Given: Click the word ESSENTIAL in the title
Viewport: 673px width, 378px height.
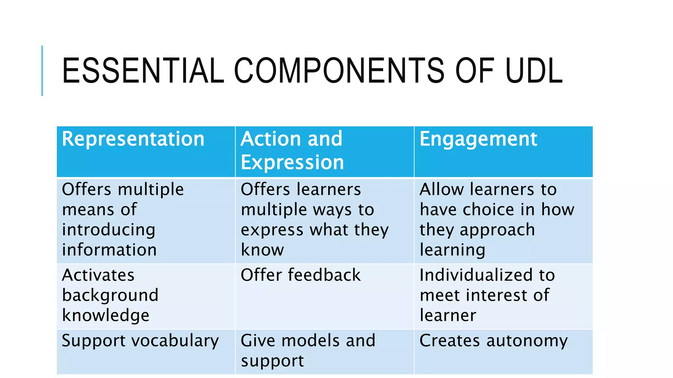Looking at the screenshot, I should (x=143, y=71).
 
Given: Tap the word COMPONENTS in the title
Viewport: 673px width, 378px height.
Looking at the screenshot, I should (x=339, y=71).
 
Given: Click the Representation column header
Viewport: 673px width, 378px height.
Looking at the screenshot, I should (x=133, y=139).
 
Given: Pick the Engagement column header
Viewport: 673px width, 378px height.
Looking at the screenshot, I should (x=478, y=139).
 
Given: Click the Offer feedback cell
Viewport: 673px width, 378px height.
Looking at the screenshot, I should (x=300, y=275).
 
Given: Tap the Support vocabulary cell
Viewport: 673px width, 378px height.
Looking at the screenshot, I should (x=140, y=341).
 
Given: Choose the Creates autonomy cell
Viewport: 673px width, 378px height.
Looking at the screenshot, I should (x=493, y=341).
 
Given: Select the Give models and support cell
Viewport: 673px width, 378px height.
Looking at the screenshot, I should (x=308, y=350).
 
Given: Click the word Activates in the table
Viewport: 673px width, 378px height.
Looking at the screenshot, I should (x=98, y=275).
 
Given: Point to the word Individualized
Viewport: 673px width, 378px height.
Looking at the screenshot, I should (x=476, y=275).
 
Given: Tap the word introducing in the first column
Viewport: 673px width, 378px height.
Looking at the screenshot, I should (x=108, y=230).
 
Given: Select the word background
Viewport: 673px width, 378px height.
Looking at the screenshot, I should (x=110, y=295).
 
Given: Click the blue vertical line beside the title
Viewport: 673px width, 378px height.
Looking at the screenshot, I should (x=42, y=71).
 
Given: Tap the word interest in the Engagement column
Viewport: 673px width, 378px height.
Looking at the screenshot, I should (x=498, y=295).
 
